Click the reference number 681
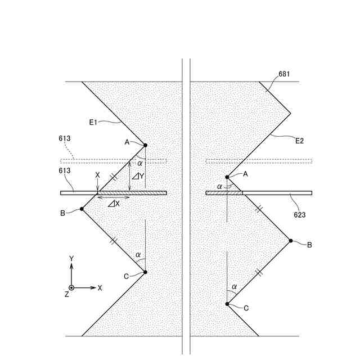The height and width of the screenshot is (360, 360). (285, 74)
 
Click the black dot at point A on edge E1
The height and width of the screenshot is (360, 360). (145, 145)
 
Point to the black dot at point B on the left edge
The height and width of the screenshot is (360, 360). (82, 209)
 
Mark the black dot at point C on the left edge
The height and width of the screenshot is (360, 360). (145, 272)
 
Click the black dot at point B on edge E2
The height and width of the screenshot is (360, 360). (291, 241)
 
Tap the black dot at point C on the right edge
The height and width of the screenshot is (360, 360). (227, 304)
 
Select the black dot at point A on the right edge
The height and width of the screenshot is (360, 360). (227, 177)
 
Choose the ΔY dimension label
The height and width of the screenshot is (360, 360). (138, 176)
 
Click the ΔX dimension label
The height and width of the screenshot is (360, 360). (114, 204)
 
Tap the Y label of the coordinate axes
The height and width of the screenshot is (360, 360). (71, 258)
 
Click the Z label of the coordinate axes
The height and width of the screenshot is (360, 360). (66, 294)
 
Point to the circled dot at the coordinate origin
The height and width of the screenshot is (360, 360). (71, 287)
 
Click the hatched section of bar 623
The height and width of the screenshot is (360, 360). (224, 193)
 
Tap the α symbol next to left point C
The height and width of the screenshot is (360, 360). (138, 255)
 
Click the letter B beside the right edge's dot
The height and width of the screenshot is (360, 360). (309, 245)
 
